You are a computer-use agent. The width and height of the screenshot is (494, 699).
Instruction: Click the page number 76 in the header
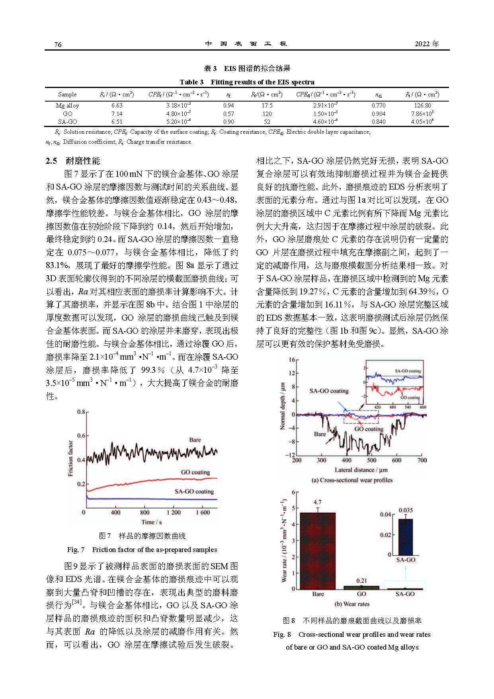click(58, 44)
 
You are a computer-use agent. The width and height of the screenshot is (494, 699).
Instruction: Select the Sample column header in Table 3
click(67, 94)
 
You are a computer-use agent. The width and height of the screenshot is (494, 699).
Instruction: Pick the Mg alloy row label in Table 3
click(67, 106)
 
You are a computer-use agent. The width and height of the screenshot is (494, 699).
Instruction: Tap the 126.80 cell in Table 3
click(422, 106)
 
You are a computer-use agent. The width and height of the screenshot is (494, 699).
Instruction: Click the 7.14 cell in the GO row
click(117, 114)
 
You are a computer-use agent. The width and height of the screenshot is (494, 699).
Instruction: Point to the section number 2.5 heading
click(51, 161)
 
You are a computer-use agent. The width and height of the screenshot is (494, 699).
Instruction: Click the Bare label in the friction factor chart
click(195, 440)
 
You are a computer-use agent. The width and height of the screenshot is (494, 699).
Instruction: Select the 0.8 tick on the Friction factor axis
click(81, 412)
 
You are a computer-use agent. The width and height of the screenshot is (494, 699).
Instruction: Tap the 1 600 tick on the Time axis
click(203, 512)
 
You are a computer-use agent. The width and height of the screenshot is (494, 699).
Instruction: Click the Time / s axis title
click(151, 522)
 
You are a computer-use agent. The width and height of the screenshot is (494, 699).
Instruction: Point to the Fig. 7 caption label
click(76, 550)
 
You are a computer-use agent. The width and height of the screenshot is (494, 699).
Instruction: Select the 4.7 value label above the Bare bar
click(317, 502)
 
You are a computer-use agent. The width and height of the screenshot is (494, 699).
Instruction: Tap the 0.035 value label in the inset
click(406, 510)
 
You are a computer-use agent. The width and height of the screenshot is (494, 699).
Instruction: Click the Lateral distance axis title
click(361, 470)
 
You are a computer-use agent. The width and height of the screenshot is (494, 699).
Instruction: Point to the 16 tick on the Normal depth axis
click(292, 360)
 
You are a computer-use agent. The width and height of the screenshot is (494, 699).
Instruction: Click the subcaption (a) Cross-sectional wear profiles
click(352, 480)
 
